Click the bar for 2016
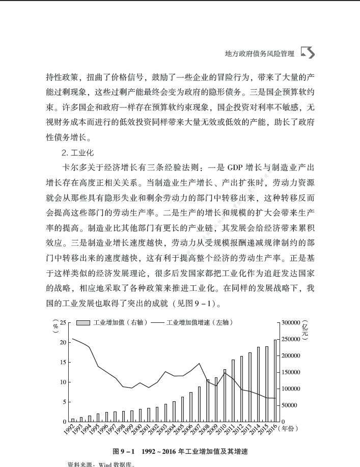coord(275,380)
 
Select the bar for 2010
coord(225,395)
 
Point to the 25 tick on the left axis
coord(63,322)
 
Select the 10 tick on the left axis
coord(63,382)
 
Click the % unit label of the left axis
coord(56,325)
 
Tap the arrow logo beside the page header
coord(308,52)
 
